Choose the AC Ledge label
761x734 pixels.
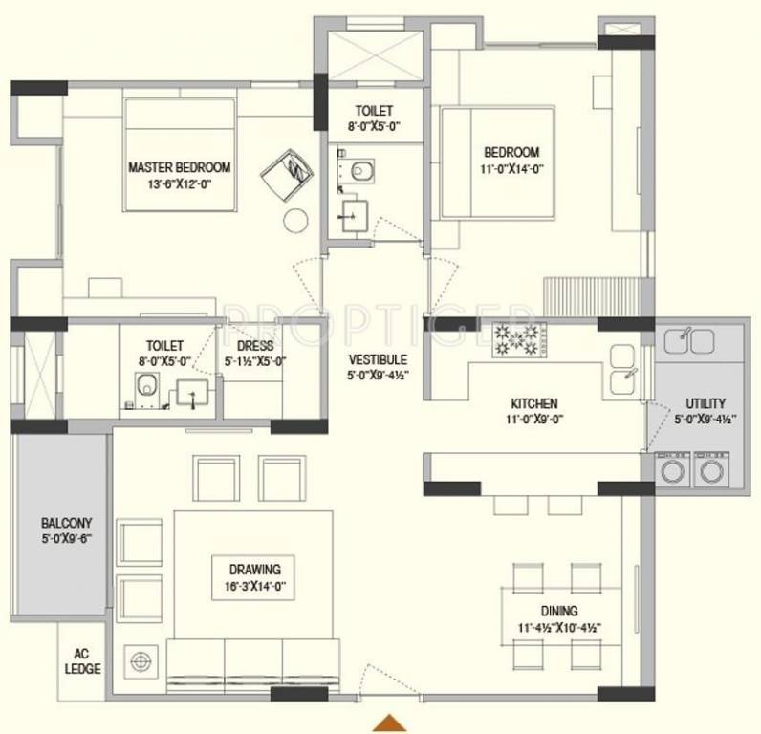tap(83, 662)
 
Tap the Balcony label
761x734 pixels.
tap(66, 523)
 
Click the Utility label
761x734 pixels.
tap(706, 403)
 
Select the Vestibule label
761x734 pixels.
tap(378, 359)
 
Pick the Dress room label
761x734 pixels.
tap(254, 346)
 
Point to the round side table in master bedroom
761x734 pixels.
tap(294, 219)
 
